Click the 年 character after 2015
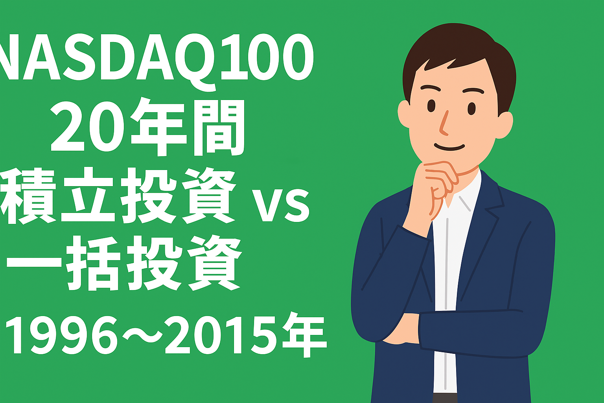click(x=304, y=335)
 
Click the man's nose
click(x=444, y=123)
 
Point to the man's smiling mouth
click(x=449, y=147)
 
